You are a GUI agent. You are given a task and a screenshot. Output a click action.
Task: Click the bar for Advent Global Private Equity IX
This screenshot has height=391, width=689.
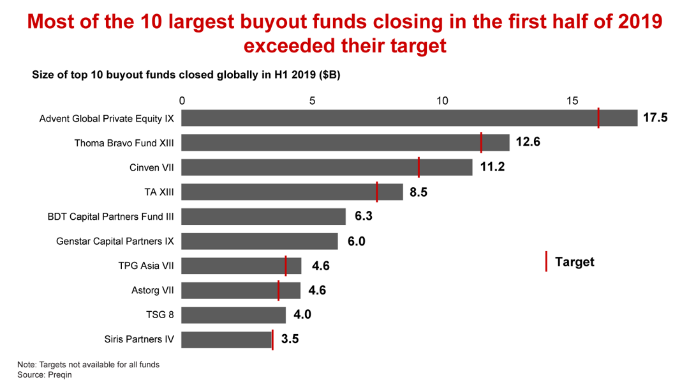point(408,118)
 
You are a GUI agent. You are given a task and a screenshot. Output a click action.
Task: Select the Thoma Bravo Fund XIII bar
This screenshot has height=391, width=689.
point(344,142)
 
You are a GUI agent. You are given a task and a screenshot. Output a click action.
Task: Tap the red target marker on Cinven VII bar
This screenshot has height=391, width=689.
point(419,167)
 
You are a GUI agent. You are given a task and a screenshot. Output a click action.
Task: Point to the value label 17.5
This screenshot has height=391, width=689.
point(655,118)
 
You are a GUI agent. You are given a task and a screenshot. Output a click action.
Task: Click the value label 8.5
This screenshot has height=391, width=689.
point(419,192)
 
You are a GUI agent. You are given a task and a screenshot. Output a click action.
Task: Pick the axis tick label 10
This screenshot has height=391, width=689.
point(441,101)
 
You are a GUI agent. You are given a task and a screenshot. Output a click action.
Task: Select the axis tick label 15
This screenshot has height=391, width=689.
point(572,101)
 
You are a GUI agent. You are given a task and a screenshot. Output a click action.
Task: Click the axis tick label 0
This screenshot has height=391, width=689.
point(182,101)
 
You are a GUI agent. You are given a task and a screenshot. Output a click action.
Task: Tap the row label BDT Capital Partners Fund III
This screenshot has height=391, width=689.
point(110,217)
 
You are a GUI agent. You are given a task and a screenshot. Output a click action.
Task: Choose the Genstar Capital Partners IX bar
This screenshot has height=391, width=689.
point(260,241)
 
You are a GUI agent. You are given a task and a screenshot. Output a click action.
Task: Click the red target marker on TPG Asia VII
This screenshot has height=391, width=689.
point(286,266)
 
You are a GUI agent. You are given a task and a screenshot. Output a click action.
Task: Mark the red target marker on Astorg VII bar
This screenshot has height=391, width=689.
point(279,291)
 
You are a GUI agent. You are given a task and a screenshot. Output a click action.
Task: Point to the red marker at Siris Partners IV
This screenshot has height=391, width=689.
point(272,339)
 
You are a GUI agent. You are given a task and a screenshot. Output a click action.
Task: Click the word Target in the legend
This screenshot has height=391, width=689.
point(574,262)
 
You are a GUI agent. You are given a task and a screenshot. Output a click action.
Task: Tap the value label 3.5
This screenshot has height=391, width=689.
point(290,339)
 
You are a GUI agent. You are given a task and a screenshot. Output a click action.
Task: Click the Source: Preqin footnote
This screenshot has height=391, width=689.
point(45,375)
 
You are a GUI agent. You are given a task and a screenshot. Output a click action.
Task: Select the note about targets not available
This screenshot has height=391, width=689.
point(88,365)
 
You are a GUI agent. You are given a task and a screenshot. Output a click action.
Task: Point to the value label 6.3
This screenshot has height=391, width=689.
point(363,217)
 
